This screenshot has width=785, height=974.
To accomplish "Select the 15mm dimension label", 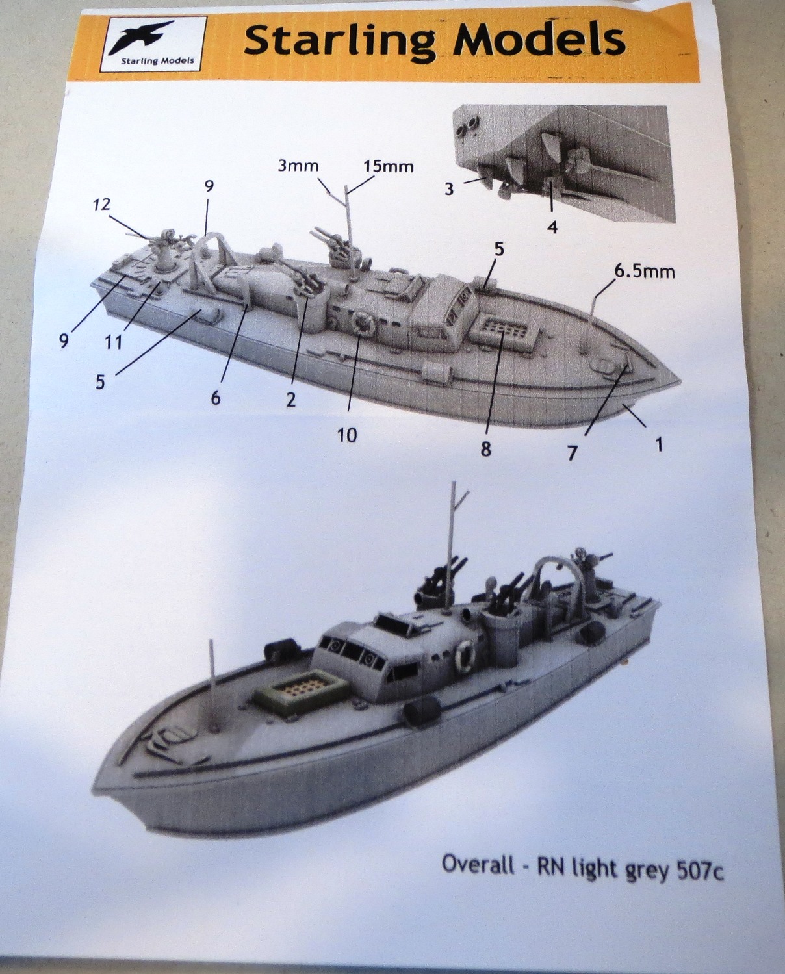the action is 389,166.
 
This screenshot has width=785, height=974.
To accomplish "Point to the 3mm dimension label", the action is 298,166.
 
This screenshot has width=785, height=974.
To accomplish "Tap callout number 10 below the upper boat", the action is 347,435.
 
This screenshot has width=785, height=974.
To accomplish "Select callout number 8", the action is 486,450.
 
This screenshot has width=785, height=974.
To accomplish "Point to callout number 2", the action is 290,400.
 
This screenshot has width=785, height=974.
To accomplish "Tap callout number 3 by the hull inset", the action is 448,188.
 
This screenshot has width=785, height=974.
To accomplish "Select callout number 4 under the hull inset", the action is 552,227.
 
